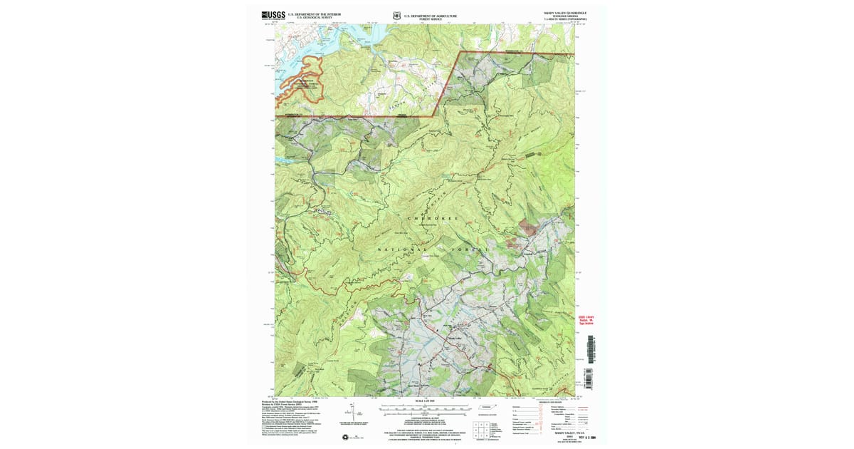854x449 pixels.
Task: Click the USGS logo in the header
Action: (273, 14)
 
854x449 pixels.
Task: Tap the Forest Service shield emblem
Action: (397, 14)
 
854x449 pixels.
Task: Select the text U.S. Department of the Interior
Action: (314, 14)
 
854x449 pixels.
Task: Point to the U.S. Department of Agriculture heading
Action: (430, 14)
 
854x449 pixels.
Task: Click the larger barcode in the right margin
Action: (591, 347)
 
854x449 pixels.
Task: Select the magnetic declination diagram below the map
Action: (349, 413)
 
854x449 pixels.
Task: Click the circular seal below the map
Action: (346, 437)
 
